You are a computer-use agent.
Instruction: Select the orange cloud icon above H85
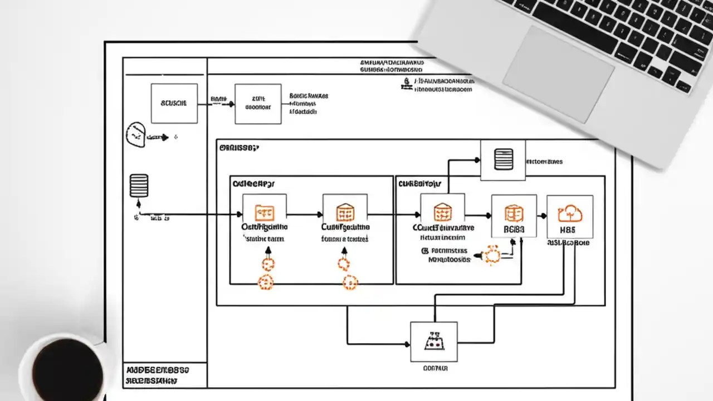569,213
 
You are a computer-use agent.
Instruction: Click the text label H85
569,229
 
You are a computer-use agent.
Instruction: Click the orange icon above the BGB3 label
513,213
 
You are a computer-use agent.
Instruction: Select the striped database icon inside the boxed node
502,160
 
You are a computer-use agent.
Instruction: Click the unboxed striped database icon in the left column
139,186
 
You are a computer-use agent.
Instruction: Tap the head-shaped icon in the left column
135,135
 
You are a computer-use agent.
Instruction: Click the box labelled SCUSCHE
174,104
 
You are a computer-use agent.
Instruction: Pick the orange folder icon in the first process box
264,213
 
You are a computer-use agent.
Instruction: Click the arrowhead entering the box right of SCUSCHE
231,104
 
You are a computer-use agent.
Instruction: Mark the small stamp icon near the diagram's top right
407,83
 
